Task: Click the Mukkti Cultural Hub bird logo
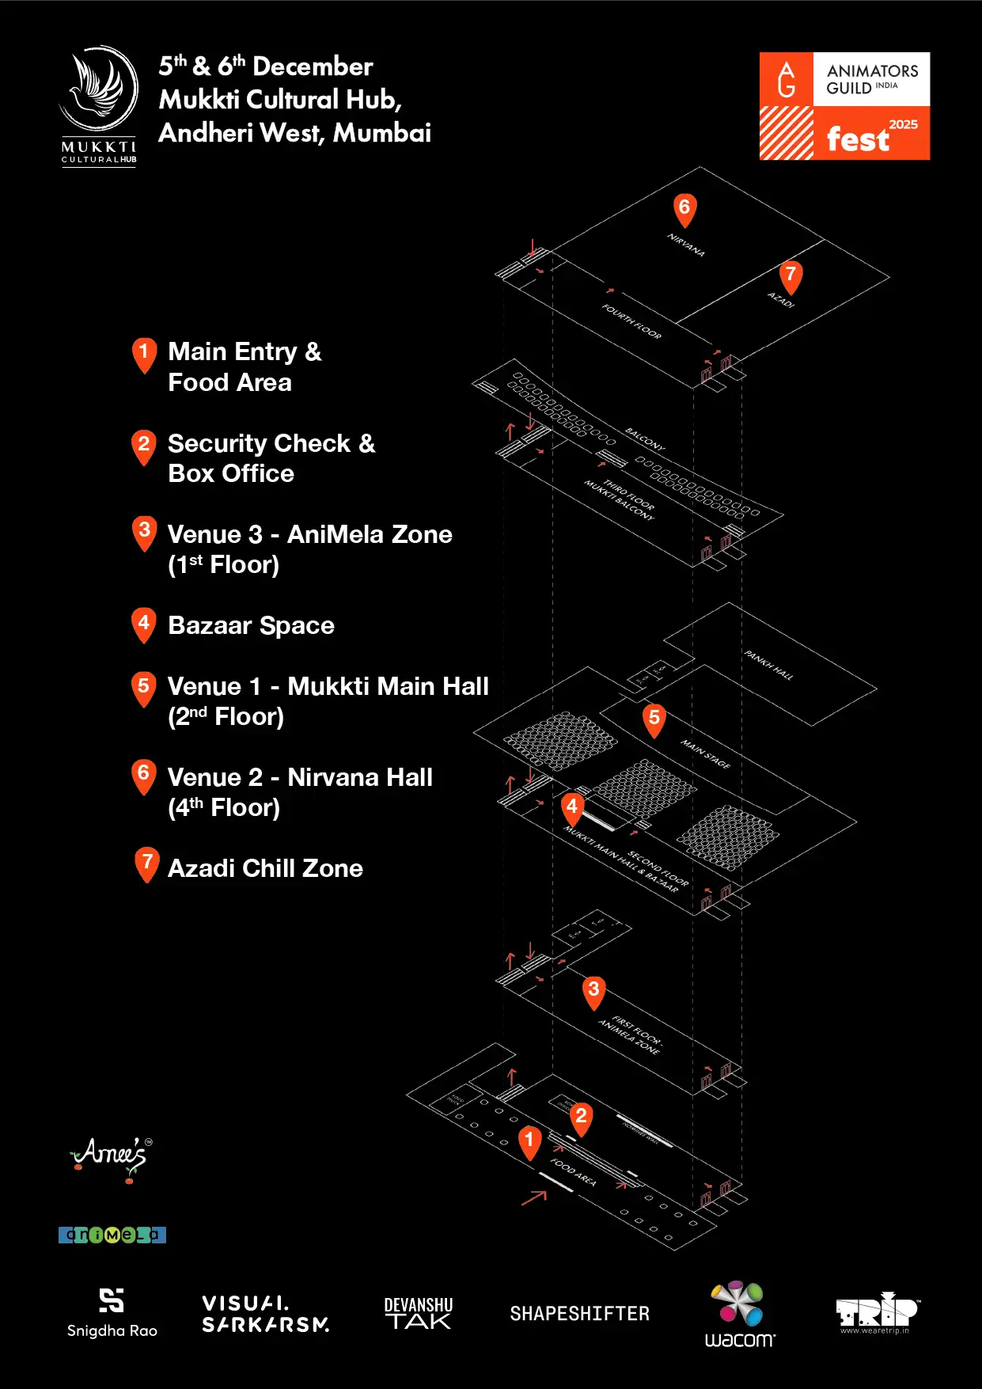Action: point(99,104)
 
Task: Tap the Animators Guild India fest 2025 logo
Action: point(844,106)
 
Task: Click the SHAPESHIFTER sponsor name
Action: point(579,1314)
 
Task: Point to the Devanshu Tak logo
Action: point(419,1314)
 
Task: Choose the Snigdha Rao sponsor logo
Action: point(112,1312)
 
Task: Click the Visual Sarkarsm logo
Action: point(265,1314)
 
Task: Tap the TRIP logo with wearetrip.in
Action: point(876,1314)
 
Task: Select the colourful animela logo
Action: point(112,1235)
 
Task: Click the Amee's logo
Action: point(111,1157)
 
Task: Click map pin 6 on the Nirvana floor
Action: point(684,209)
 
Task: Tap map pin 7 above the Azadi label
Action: point(791,276)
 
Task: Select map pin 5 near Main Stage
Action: point(654,719)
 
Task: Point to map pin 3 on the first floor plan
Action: point(593,990)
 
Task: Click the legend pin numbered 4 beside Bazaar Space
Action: point(143,624)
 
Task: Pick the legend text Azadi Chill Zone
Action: point(265,868)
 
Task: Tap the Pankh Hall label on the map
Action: point(768,665)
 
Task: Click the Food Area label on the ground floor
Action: point(573,1171)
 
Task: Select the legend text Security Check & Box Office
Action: point(271,458)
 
